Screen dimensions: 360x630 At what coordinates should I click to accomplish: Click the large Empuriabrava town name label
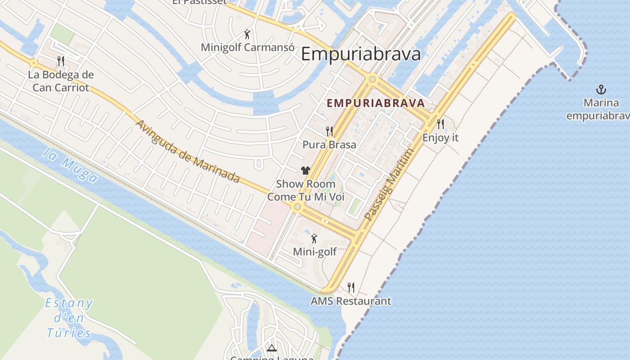[x=360, y=54]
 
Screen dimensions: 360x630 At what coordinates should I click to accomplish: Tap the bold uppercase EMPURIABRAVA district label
[x=376, y=103]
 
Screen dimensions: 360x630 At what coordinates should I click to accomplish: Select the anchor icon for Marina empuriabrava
[x=601, y=89]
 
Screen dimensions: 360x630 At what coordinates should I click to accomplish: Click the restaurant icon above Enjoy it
[x=441, y=124]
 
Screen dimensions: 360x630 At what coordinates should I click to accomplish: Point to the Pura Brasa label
[x=329, y=144]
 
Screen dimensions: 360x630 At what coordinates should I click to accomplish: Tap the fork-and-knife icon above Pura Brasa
[x=329, y=131]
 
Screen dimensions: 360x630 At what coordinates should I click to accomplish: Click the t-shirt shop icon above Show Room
[x=306, y=170]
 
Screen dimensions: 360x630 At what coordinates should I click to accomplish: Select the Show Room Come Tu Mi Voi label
[x=306, y=190]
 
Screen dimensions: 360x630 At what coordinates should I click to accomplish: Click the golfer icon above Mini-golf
[x=315, y=238]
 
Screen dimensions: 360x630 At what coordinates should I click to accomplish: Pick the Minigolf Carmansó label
[x=247, y=47]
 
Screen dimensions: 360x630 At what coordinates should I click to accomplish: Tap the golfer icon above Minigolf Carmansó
[x=247, y=34]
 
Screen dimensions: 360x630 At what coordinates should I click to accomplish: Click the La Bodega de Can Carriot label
[x=61, y=81]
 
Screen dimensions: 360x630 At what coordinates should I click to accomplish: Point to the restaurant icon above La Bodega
[x=61, y=61]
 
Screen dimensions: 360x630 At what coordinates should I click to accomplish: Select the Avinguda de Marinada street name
[x=188, y=151]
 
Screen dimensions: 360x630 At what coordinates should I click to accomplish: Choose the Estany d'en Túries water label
[x=69, y=318]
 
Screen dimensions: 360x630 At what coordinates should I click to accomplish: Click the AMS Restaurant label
[x=351, y=301]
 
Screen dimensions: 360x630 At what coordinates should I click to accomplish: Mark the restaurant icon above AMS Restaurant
[x=351, y=287]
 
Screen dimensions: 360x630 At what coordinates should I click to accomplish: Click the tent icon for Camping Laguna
[x=271, y=348]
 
